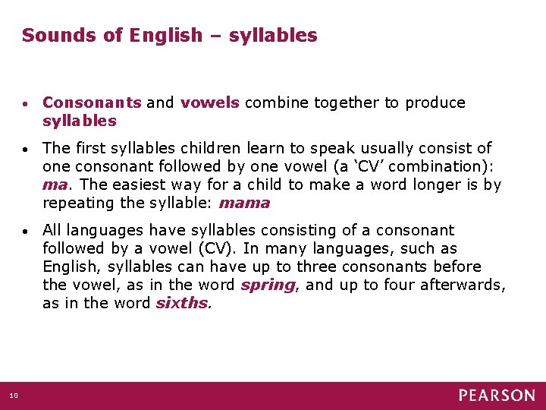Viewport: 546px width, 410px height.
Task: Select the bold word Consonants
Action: click(x=92, y=102)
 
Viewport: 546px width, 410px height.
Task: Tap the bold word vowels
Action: click(x=210, y=102)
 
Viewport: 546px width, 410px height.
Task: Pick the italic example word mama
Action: click(x=244, y=203)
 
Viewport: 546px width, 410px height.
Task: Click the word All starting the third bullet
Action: click(x=53, y=230)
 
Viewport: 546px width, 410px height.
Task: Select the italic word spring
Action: click(x=268, y=285)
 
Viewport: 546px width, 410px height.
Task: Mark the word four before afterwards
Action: click(x=416, y=285)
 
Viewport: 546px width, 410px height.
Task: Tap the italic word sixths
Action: click(x=182, y=303)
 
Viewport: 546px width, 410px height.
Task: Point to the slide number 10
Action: click(x=14, y=395)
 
